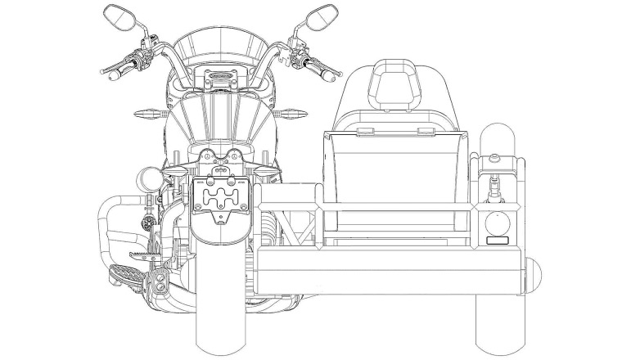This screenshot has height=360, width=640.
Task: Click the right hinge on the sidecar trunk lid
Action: (424, 130)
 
